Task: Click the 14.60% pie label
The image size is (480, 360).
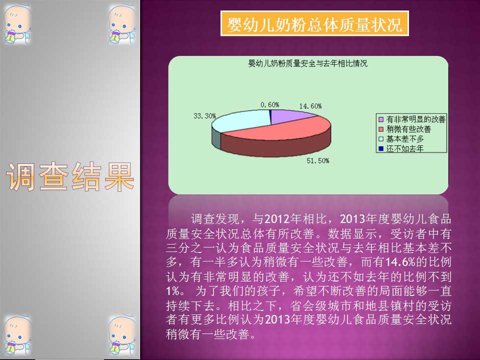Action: (x=310, y=106)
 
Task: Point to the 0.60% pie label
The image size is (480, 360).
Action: (x=269, y=104)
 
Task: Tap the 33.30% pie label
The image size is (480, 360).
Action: (x=204, y=115)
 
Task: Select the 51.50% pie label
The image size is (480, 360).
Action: (x=318, y=160)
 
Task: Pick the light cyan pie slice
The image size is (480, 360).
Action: (x=242, y=120)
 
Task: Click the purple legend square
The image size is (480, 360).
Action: (x=381, y=119)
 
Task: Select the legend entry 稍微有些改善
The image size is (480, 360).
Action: (x=404, y=129)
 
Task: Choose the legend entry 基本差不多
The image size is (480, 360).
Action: (x=401, y=139)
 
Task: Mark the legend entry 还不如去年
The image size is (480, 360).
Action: (x=401, y=149)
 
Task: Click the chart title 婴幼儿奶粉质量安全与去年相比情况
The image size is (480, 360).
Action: (x=307, y=63)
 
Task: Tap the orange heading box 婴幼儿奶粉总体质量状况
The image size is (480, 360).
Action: (x=314, y=23)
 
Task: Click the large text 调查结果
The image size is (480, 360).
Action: (x=70, y=176)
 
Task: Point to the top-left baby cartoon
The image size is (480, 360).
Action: (x=17, y=24)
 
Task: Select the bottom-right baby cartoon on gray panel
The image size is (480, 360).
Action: (x=122, y=336)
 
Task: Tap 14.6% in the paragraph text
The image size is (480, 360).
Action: (x=400, y=262)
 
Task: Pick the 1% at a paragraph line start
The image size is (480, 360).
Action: (x=173, y=291)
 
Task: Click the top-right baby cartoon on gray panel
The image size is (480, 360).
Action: (x=122, y=24)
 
